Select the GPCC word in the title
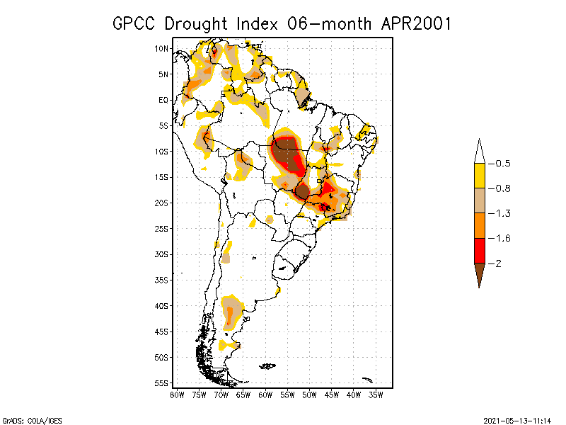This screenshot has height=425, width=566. click(x=135, y=23)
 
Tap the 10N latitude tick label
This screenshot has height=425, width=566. click(x=161, y=48)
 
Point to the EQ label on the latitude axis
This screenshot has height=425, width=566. click(x=163, y=100)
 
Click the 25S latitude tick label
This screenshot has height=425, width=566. click(x=161, y=228)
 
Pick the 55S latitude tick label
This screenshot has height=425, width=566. click(x=161, y=382)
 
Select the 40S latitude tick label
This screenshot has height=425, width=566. click(x=161, y=305)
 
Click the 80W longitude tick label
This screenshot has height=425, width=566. click(x=177, y=395)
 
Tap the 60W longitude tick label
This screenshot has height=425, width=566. click(x=265, y=395)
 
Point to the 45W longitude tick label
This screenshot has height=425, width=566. click(x=332, y=395)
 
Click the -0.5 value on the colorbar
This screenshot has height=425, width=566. click(x=502, y=164)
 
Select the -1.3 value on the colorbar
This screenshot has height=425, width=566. click(x=502, y=213)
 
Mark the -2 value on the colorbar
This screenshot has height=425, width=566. click(x=499, y=263)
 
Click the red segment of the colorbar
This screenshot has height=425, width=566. click(x=479, y=250)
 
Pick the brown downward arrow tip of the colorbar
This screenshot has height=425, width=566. click(x=479, y=278)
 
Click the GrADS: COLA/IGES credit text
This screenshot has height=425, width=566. click(x=28, y=419)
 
